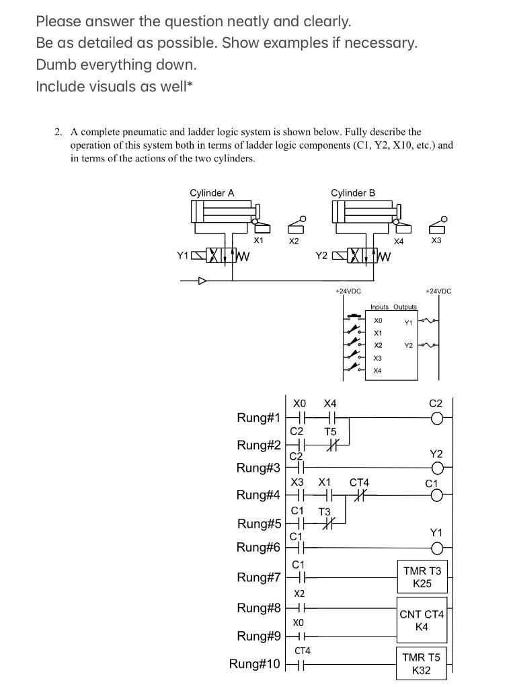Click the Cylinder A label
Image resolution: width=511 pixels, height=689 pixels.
(x=212, y=193)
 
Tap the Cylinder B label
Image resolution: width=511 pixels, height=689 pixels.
(x=353, y=193)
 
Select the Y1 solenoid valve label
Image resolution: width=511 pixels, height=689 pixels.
(x=183, y=256)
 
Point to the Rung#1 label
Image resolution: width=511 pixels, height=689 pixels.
(x=258, y=418)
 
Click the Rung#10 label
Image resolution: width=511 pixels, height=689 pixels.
(x=254, y=664)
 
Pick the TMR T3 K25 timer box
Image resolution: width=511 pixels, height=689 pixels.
(x=422, y=577)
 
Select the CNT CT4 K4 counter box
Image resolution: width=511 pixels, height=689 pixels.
(x=422, y=620)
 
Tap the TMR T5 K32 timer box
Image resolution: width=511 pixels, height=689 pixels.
(x=422, y=663)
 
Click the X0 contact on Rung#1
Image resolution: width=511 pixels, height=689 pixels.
(x=300, y=419)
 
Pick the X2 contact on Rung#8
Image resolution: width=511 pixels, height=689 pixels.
(x=300, y=608)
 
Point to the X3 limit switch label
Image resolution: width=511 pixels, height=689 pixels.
(x=436, y=240)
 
